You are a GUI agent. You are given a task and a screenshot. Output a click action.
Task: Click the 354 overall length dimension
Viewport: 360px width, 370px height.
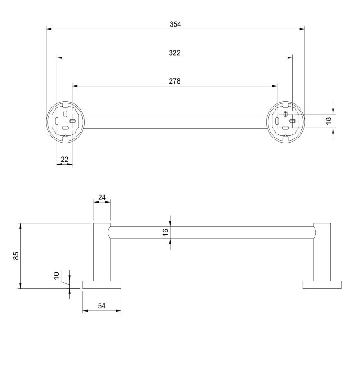click(175, 24)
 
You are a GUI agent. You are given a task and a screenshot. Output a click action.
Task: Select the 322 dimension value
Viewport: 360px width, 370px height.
click(175, 53)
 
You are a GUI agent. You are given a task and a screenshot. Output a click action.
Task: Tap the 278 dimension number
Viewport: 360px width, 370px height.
click(175, 81)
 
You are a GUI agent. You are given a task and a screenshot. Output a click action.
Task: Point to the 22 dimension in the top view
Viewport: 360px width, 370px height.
click(64, 159)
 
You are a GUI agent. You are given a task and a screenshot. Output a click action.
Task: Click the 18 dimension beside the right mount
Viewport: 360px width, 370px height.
click(328, 120)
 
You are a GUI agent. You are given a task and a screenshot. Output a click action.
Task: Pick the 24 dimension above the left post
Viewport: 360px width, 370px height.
click(101, 197)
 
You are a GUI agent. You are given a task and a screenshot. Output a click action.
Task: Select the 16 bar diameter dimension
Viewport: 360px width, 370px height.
click(165, 232)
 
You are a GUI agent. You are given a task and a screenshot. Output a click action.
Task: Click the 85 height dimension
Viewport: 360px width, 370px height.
click(16, 256)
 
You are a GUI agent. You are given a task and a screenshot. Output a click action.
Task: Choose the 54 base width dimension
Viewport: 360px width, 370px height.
click(101, 306)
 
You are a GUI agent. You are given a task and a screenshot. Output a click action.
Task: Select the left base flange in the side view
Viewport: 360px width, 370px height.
click(102, 284)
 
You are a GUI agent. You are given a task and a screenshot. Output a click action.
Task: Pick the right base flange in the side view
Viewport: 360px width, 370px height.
click(322, 284)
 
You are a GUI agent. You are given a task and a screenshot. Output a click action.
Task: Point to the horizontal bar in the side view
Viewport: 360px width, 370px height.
click(211, 232)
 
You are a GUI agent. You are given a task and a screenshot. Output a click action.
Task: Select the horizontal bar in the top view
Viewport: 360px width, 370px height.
click(175, 122)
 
